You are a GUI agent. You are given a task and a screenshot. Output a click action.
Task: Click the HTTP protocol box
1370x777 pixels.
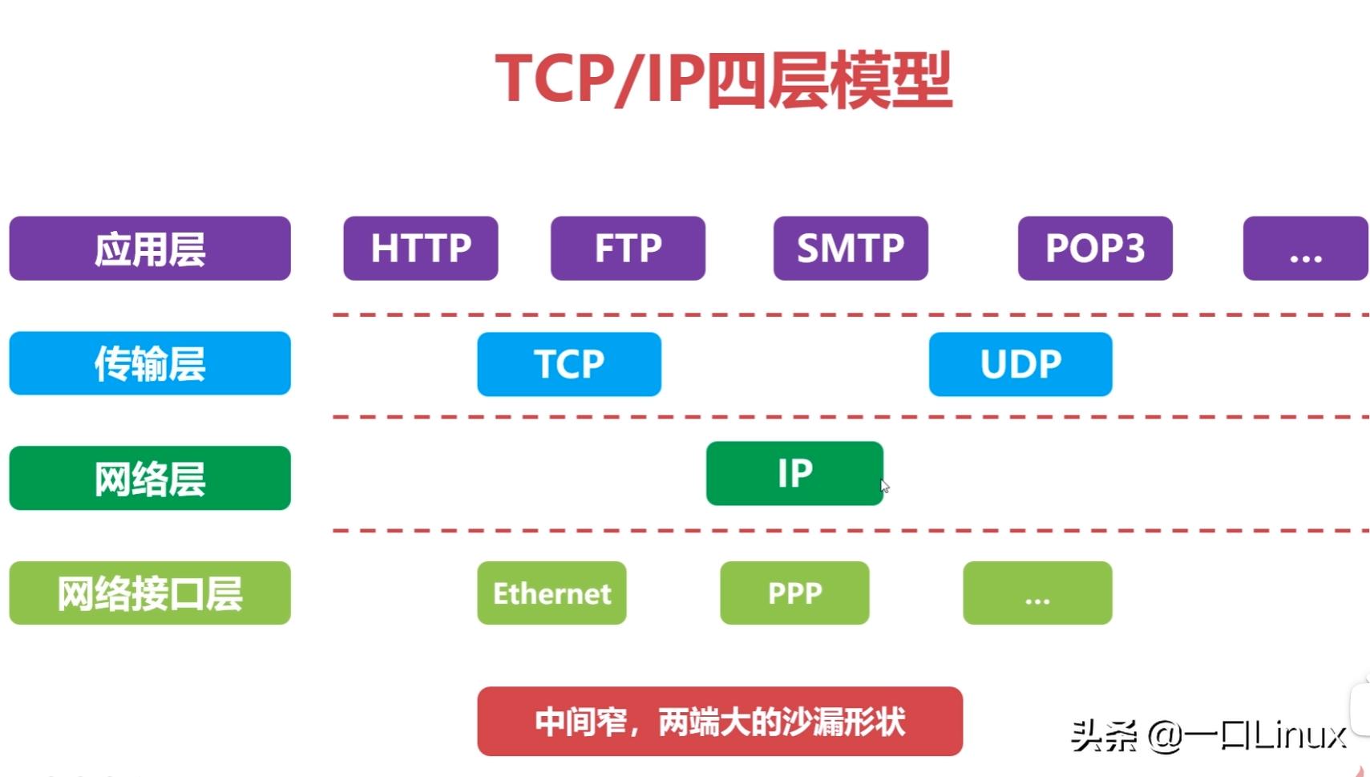pos(420,249)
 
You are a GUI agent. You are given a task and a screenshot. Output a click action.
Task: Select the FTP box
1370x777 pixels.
pos(628,249)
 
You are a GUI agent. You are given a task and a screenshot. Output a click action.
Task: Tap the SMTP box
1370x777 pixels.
pos(851,249)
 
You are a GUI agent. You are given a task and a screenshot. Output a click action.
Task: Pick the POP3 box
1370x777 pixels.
pos(1095,249)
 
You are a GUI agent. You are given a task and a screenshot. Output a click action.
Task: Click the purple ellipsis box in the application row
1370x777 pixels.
pos(1305,249)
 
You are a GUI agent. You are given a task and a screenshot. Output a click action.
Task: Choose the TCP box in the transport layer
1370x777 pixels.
pos(569,364)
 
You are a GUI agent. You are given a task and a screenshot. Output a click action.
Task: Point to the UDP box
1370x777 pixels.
pos(1020,364)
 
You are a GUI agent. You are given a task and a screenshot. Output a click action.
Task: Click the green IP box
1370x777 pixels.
pos(794,473)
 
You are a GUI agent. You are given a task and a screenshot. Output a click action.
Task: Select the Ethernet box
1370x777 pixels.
pos(552,593)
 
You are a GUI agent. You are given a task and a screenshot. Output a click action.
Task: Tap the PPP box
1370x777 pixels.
pos(794,593)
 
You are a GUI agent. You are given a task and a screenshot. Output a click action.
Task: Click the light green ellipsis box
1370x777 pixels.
pos(1037,593)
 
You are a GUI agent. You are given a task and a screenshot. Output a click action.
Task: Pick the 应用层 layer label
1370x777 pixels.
pos(150,249)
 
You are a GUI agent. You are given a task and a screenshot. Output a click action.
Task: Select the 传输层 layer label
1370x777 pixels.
pos(150,363)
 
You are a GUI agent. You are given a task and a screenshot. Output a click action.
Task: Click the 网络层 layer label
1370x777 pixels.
pos(150,479)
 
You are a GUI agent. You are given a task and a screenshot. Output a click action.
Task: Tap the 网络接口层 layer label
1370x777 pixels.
pos(150,593)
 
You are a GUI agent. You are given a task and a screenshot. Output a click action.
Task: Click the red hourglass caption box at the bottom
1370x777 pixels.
pos(719,722)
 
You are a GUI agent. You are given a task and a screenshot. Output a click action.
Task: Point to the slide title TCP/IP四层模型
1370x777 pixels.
pos(723,80)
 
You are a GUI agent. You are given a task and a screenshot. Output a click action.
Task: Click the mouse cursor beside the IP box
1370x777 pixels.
pos(885,486)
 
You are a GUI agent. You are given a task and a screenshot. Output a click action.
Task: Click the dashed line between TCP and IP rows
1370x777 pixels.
pos(850,417)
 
